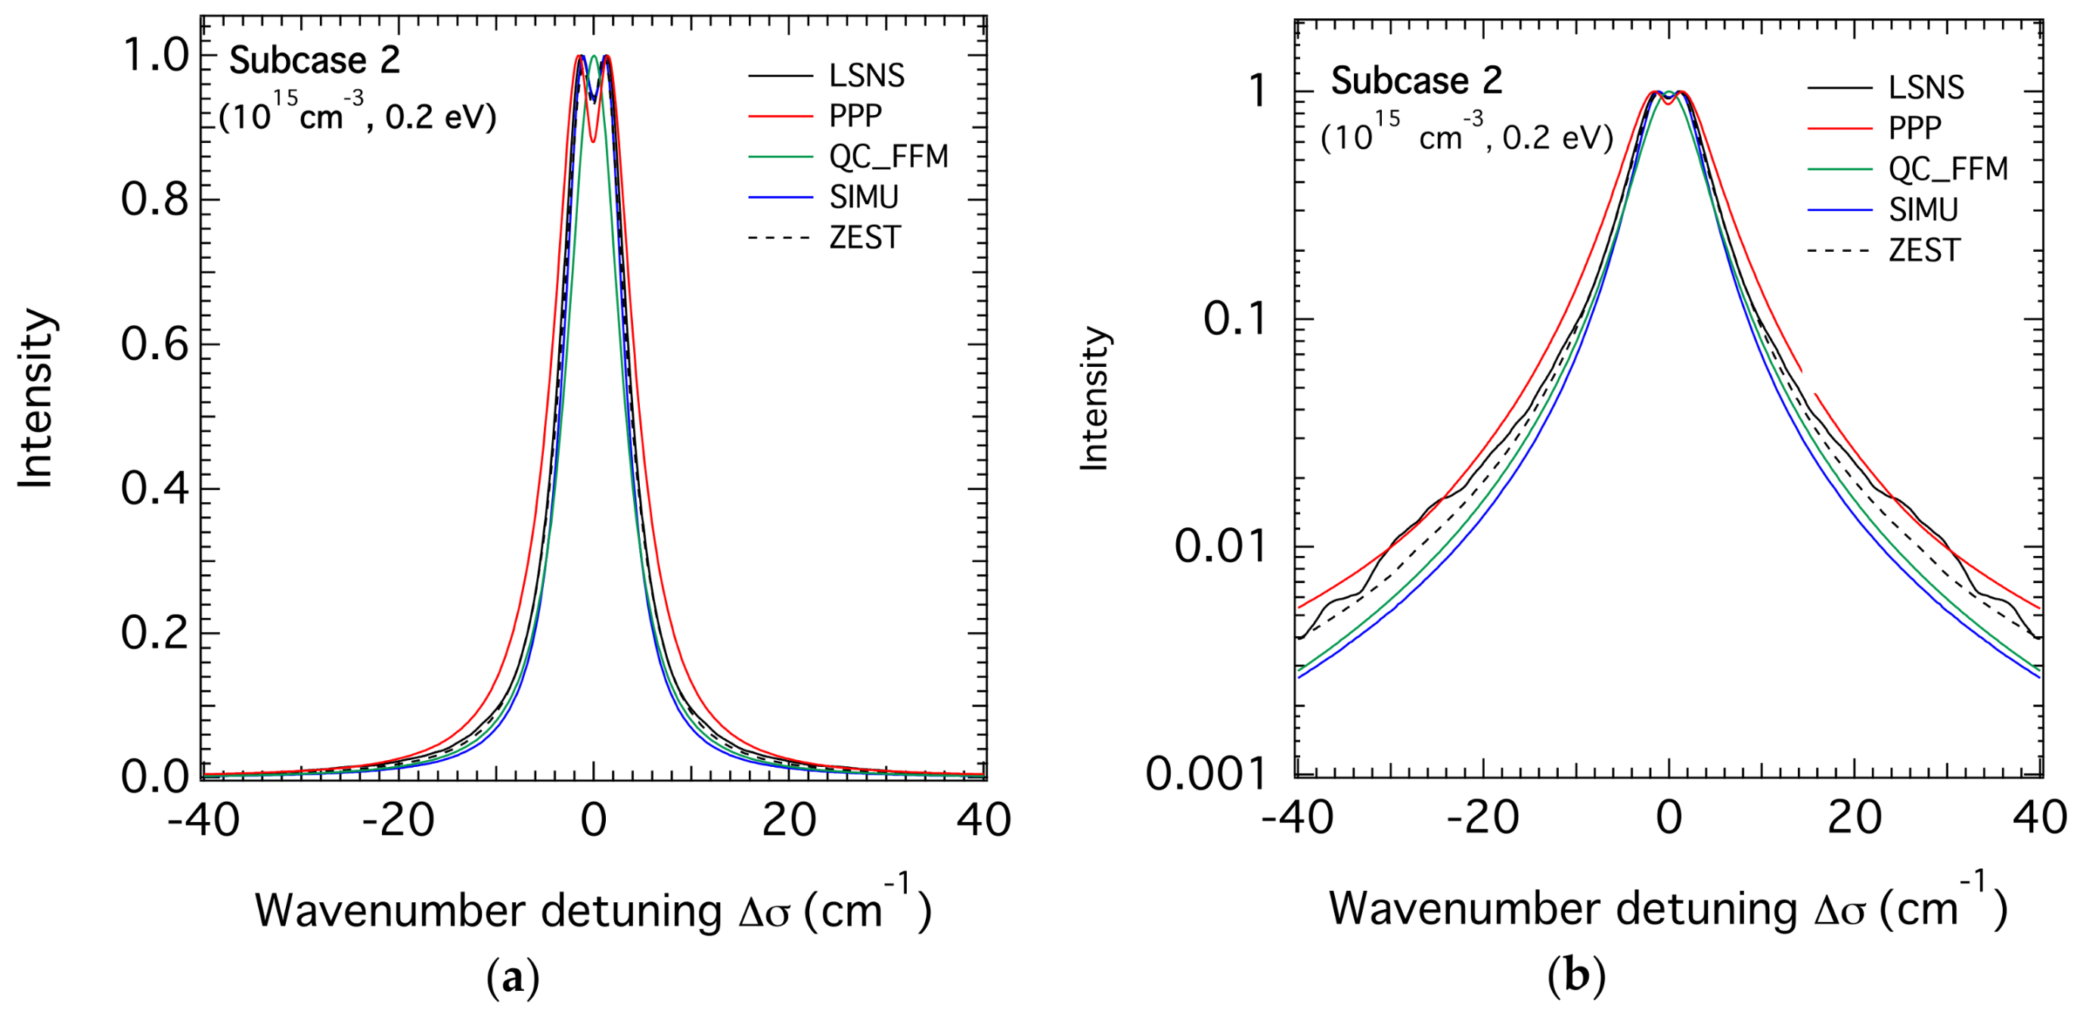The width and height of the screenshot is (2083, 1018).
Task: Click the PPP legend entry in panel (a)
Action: point(855,116)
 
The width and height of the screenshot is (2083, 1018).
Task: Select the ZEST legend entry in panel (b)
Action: point(1923,250)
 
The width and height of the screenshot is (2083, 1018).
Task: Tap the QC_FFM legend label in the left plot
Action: point(888,157)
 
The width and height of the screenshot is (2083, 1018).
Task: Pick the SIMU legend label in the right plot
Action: point(1923,210)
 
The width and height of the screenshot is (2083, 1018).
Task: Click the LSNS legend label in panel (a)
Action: point(866,76)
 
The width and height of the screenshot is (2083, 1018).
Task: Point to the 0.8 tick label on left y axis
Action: point(154,200)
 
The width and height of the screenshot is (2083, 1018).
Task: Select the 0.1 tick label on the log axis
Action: point(1233,319)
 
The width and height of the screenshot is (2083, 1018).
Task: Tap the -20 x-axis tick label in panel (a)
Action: point(397,820)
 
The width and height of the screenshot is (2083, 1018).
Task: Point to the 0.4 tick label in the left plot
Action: point(154,489)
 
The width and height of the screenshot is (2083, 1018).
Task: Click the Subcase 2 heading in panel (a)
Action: point(315,61)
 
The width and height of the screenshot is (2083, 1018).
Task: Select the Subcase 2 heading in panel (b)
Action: point(1417,81)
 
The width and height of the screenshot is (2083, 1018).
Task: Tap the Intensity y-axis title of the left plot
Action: point(36,398)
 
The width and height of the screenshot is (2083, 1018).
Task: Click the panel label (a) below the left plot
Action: point(513,979)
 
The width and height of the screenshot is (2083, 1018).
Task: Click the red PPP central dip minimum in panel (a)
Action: point(594,141)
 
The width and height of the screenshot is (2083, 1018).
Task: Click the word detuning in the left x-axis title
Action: point(630,912)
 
